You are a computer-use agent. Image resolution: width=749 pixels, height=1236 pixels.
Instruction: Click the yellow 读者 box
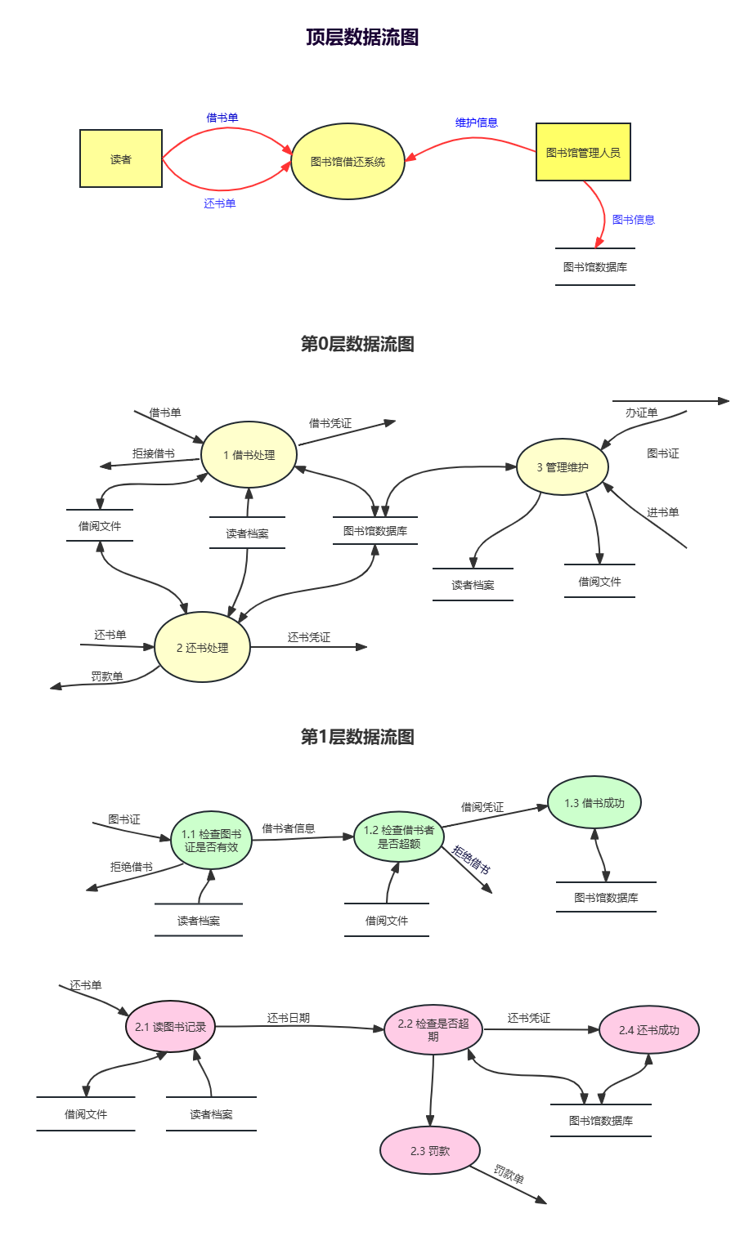click(x=121, y=158)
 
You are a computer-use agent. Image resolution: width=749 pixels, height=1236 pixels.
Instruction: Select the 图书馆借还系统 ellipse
click(x=348, y=162)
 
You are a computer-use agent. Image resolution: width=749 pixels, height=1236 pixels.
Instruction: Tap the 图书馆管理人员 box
click(x=583, y=152)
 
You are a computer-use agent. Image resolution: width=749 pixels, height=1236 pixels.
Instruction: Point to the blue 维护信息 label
click(x=476, y=123)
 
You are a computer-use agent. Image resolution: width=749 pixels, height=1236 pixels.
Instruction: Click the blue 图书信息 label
click(x=633, y=220)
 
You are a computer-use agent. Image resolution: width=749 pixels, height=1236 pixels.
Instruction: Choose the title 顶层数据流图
click(x=362, y=38)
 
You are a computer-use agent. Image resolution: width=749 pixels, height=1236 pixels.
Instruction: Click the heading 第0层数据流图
click(x=357, y=344)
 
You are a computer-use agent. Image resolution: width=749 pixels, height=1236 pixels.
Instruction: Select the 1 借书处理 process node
click(x=249, y=455)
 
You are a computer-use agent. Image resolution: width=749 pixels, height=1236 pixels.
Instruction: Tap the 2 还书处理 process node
click(x=202, y=647)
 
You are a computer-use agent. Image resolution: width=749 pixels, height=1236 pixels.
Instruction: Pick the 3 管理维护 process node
click(x=563, y=467)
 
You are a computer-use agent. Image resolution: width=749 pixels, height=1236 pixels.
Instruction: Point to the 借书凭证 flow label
click(x=330, y=423)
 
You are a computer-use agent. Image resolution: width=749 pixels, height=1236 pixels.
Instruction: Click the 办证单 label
click(x=641, y=413)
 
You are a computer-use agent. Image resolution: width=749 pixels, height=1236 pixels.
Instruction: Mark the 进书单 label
click(x=662, y=512)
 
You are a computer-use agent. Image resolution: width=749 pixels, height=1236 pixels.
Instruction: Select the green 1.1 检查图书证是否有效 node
click(x=211, y=840)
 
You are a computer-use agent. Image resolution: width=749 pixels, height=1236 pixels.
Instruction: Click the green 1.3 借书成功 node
click(x=594, y=803)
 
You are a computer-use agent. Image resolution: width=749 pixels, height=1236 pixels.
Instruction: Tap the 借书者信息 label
click(x=288, y=828)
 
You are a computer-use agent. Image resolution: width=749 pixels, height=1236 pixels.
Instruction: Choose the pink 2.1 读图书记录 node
click(x=170, y=1027)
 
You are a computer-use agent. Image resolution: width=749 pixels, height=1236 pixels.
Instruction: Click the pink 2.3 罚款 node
click(x=430, y=1150)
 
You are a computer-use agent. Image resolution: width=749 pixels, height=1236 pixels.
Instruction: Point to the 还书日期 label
click(x=288, y=1018)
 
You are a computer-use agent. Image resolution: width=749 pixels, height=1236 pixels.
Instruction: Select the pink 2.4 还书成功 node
click(x=649, y=1030)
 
